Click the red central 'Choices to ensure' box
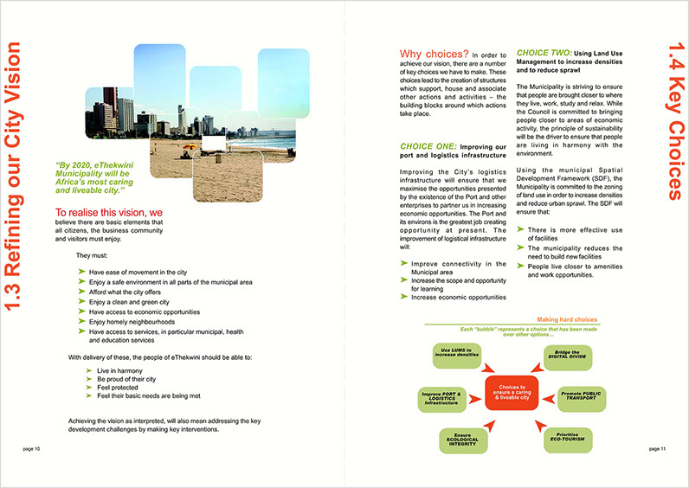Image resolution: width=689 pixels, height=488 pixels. coord(512,392)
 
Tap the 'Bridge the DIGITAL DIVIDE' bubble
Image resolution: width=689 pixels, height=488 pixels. coord(561,354)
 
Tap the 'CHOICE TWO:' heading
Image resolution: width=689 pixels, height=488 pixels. coord(543,53)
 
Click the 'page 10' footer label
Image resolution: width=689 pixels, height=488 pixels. coord(32,449)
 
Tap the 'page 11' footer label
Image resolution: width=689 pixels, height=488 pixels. coord(656,449)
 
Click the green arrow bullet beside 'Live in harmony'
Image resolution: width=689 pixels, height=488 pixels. coord(89,369)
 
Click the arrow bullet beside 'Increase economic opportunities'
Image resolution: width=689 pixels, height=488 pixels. coord(404,297)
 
